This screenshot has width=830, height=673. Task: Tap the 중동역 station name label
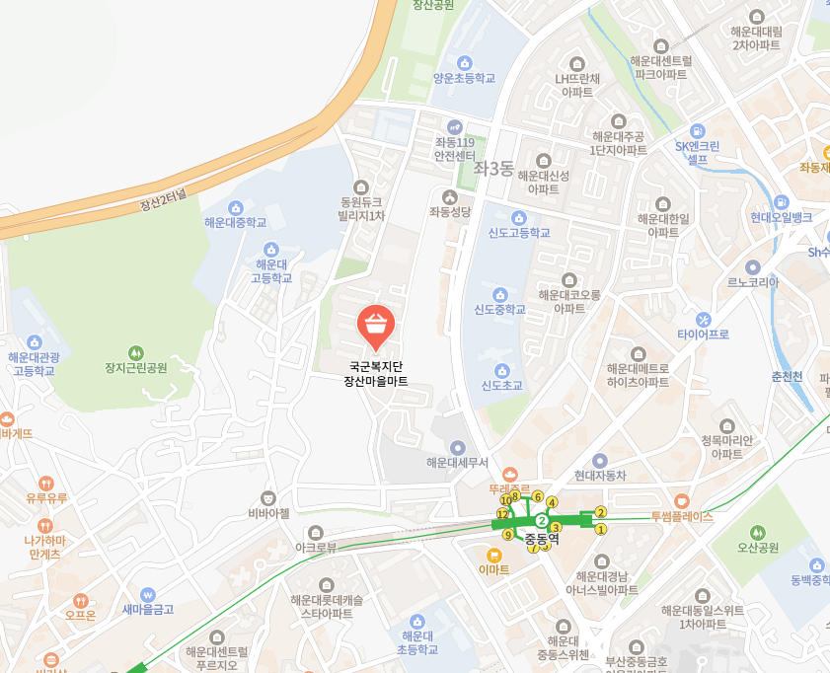tap(542, 540)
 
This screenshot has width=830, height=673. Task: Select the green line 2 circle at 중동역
tap(542, 520)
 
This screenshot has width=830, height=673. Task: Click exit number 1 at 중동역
tap(601, 530)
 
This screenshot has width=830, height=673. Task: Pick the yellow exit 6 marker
tap(538, 496)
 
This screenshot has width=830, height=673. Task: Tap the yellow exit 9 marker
tap(508, 535)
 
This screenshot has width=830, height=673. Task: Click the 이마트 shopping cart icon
tap(493, 554)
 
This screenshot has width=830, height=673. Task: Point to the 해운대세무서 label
tap(457, 462)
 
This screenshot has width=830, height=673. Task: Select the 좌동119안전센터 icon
tap(455, 127)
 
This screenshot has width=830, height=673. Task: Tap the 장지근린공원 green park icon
tap(136, 351)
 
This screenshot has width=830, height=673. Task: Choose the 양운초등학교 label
tap(464, 78)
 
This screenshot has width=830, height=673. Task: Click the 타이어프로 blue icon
tap(704, 319)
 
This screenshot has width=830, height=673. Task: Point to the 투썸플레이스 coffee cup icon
tap(682, 500)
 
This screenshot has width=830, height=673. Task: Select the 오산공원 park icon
tap(758, 532)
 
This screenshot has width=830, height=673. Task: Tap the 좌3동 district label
tap(493, 169)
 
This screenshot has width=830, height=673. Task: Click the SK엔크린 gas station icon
tap(698, 130)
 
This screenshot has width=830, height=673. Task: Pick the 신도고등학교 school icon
tap(519, 217)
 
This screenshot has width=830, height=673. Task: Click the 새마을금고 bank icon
tap(148, 595)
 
